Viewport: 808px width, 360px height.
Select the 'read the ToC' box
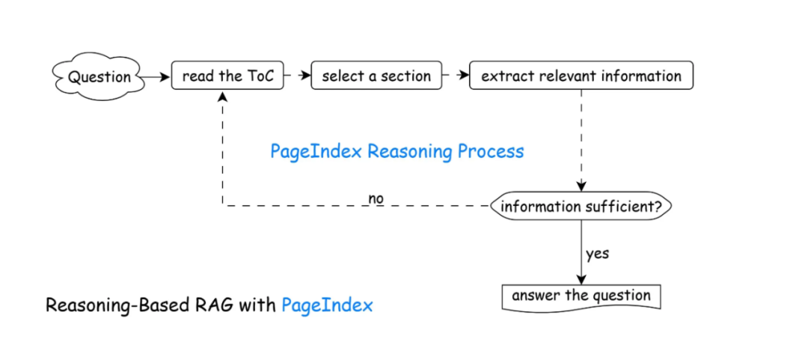[x=227, y=76]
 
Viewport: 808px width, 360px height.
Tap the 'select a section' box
[x=376, y=76]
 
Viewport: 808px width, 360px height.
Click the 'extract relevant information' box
[x=581, y=76]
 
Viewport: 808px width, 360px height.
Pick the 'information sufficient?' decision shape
[x=581, y=207]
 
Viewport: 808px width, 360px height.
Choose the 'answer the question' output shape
[x=581, y=296]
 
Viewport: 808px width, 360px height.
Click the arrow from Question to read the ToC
[x=155, y=76]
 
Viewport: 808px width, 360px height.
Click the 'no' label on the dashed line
[x=376, y=198]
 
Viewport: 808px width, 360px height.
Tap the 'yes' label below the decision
[x=597, y=253]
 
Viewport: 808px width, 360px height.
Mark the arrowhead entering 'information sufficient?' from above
[x=581, y=188]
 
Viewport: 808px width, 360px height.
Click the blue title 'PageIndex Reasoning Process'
[x=397, y=151]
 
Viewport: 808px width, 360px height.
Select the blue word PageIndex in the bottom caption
[x=327, y=305]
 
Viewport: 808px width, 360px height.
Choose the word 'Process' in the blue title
[x=491, y=151]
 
